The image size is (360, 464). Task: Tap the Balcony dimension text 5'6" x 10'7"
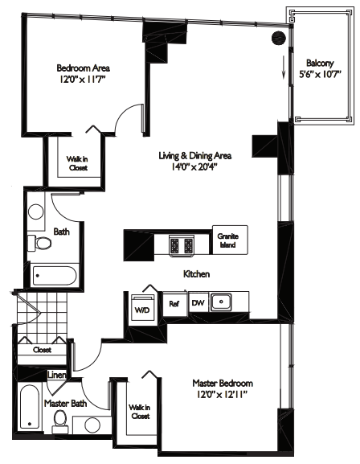321,77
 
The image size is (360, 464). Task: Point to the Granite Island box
228,240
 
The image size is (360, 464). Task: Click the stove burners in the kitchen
181,244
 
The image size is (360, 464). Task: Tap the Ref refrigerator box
174,304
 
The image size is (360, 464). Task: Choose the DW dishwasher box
198,304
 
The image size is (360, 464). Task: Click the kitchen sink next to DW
226,303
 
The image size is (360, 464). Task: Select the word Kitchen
197,274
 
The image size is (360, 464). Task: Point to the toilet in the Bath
38,242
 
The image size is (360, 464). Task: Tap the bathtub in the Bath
55,277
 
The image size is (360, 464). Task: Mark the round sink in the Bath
36,213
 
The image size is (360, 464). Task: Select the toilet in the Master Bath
59,419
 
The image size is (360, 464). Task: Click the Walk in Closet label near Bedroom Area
77,163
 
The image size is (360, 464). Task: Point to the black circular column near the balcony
279,37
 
